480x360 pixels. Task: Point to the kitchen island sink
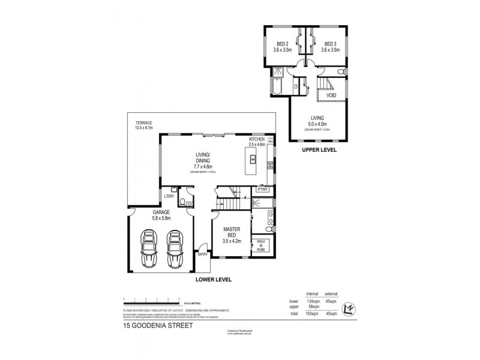pyautogui.click(x=254, y=160)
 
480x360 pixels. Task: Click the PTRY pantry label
pyautogui.click(x=262, y=190)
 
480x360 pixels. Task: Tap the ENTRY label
pyautogui.click(x=204, y=254)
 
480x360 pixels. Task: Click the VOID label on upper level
pyautogui.click(x=331, y=95)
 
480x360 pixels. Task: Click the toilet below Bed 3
pyautogui.click(x=340, y=73)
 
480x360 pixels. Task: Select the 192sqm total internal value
pyautogui.click(x=311, y=313)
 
